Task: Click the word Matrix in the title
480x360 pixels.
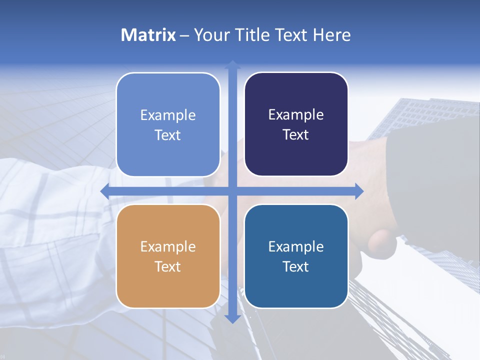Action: (x=148, y=35)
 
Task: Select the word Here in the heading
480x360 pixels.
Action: (x=331, y=35)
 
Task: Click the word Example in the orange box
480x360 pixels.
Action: (x=168, y=247)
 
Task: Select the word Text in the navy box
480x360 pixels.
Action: (x=296, y=135)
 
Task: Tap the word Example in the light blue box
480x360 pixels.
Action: (x=168, y=115)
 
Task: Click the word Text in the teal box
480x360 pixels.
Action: (x=296, y=267)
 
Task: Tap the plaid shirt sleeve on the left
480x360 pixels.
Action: (x=50, y=225)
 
